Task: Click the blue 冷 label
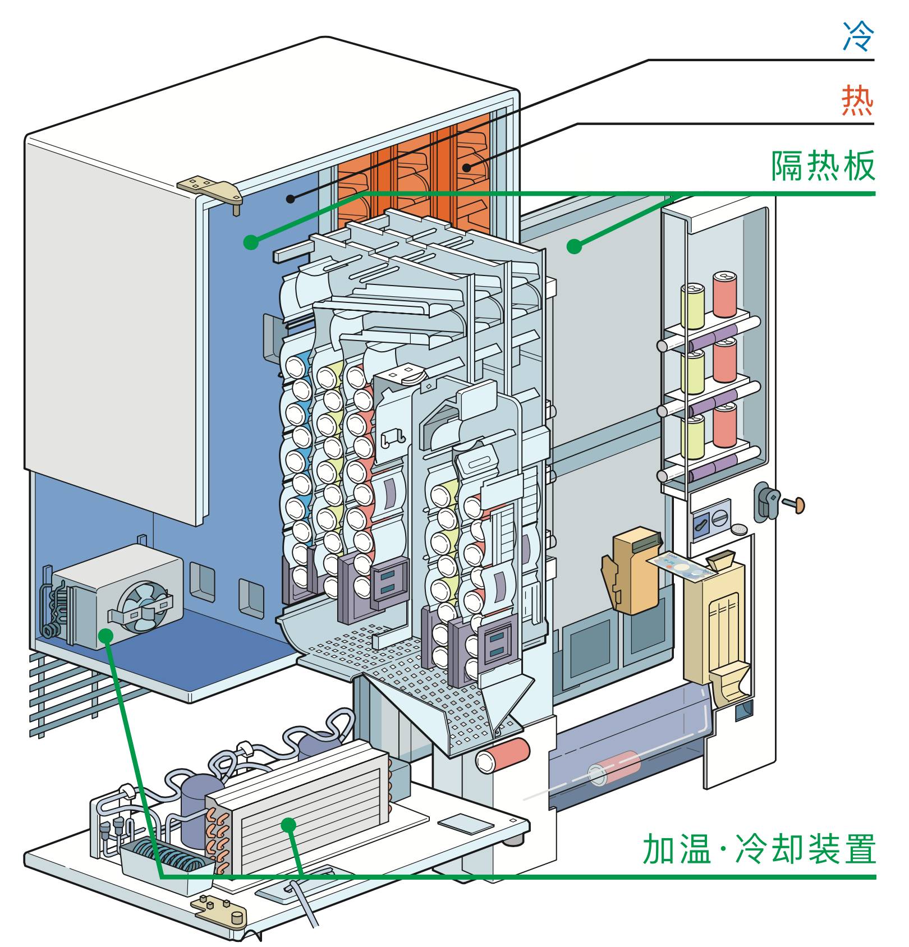click(x=858, y=37)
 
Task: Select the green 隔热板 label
click(x=823, y=166)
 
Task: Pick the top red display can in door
click(x=724, y=294)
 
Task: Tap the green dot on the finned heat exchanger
click(x=288, y=824)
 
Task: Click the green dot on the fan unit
click(x=105, y=635)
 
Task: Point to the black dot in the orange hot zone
click(x=467, y=167)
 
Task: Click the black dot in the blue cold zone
click(x=290, y=198)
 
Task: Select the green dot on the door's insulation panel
click(x=573, y=246)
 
